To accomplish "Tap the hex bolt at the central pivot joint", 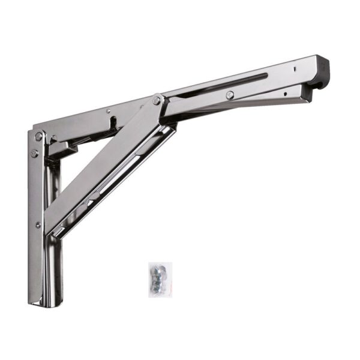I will [157, 101].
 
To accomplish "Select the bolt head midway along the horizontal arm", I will [230, 95].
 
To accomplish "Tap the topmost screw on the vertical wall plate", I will [39, 137].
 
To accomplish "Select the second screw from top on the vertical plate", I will [35, 154].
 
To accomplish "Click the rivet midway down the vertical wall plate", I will [38, 225].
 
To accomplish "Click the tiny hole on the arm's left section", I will [107, 111].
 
